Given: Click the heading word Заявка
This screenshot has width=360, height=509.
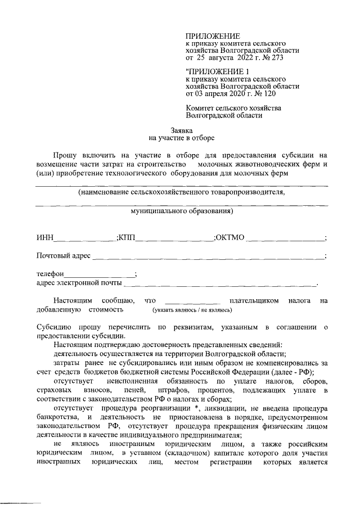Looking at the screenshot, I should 181,129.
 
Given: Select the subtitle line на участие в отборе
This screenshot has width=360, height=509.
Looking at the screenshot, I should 181,137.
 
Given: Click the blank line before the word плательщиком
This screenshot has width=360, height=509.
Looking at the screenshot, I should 191,302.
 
